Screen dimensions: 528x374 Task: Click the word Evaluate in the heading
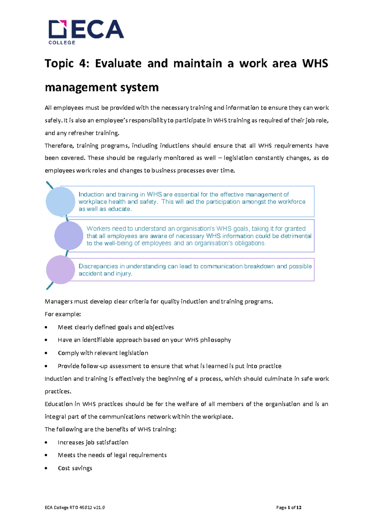pos(118,64)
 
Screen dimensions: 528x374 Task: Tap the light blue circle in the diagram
pos(60,201)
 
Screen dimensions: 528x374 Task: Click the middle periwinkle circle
pos(69,236)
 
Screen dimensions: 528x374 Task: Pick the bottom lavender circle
pos(60,270)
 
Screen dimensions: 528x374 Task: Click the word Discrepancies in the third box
pos(98,266)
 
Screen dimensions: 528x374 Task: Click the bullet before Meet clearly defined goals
pos(46,328)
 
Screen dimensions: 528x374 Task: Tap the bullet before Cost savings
pos(46,469)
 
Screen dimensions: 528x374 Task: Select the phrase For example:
pos(63,314)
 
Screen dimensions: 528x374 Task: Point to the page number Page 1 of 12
pos(289,508)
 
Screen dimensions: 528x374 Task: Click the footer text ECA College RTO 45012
pos(74,508)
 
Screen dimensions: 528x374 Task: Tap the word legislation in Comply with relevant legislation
pos(134,353)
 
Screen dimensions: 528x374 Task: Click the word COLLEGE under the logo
pos(62,43)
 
